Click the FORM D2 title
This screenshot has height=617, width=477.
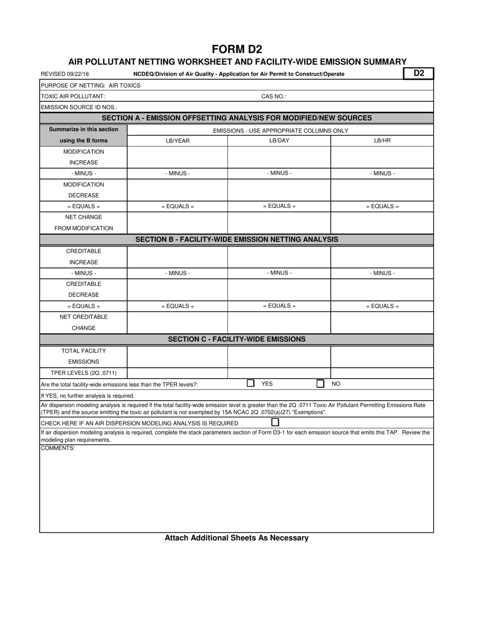(237, 49)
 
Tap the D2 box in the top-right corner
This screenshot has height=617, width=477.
(419, 73)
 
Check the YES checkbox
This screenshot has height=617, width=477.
(251, 383)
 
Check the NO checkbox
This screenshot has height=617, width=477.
(320, 383)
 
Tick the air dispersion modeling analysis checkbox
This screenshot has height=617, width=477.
(275, 422)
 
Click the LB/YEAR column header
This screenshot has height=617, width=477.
(178, 141)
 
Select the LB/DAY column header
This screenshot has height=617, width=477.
(279, 140)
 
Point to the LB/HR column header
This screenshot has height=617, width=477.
(382, 140)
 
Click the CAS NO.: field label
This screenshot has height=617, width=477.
(274, 96)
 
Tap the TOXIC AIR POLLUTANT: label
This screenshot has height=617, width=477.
(73, 96)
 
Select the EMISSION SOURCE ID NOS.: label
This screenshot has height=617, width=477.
(79, 107)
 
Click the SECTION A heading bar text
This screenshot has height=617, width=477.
(237, 118)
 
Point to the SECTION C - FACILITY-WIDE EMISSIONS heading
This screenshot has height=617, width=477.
(236, 339)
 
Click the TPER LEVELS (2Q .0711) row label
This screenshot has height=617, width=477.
(84, 373)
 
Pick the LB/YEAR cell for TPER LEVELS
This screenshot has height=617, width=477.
(178, 373)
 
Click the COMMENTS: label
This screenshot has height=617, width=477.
(58, 448)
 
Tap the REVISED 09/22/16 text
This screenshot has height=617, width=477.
(65, 74)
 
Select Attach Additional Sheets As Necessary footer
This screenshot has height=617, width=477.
(236, 538)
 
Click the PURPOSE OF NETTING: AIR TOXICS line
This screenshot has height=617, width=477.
(91, 85)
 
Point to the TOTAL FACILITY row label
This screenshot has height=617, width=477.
(84, 351)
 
